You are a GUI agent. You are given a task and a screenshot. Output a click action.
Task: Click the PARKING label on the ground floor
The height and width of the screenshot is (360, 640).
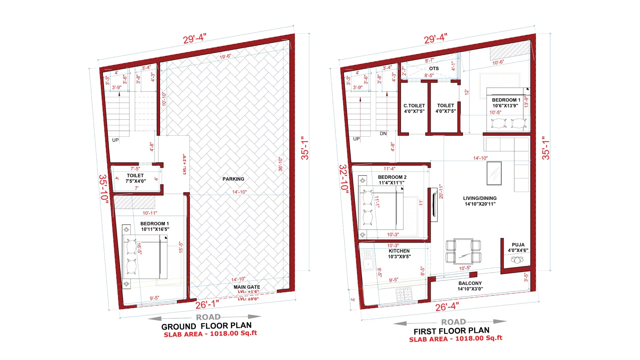point(233,179)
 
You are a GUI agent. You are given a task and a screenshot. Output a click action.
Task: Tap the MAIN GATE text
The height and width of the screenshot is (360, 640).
point(247,287)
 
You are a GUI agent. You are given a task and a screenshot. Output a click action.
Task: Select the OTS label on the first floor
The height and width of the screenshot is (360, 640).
point(434,68)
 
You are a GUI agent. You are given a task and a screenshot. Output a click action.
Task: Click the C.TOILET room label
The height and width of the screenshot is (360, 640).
point(414,106)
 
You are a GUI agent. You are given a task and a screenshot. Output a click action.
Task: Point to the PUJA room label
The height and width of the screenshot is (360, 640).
point(518,245)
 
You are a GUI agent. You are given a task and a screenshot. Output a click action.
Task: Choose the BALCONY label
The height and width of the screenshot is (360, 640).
point(470,283)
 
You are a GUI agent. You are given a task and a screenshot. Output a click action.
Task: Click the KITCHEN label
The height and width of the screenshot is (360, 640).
point(399,251)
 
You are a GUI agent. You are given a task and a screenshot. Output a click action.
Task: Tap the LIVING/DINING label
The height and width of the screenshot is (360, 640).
point(480,198)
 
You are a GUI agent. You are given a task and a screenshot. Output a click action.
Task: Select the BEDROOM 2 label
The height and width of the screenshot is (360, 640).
point(392,177)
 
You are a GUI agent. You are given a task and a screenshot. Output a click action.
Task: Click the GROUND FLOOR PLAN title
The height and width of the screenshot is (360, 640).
point(207,326)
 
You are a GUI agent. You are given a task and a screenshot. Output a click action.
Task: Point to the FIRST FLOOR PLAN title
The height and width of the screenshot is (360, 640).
point(452,331)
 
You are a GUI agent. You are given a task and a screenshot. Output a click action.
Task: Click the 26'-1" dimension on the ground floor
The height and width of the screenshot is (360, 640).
point(207,304)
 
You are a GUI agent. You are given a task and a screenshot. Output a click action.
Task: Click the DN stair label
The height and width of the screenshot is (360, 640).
point(383,133)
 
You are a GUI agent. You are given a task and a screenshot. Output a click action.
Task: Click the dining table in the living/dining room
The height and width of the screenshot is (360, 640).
point(463,250)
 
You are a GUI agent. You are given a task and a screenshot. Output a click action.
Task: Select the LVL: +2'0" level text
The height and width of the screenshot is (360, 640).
point(184,164)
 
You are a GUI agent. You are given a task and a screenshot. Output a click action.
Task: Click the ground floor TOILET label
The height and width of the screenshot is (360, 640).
point(135,176)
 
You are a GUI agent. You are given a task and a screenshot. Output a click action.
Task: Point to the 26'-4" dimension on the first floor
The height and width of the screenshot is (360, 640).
point(447,306)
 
